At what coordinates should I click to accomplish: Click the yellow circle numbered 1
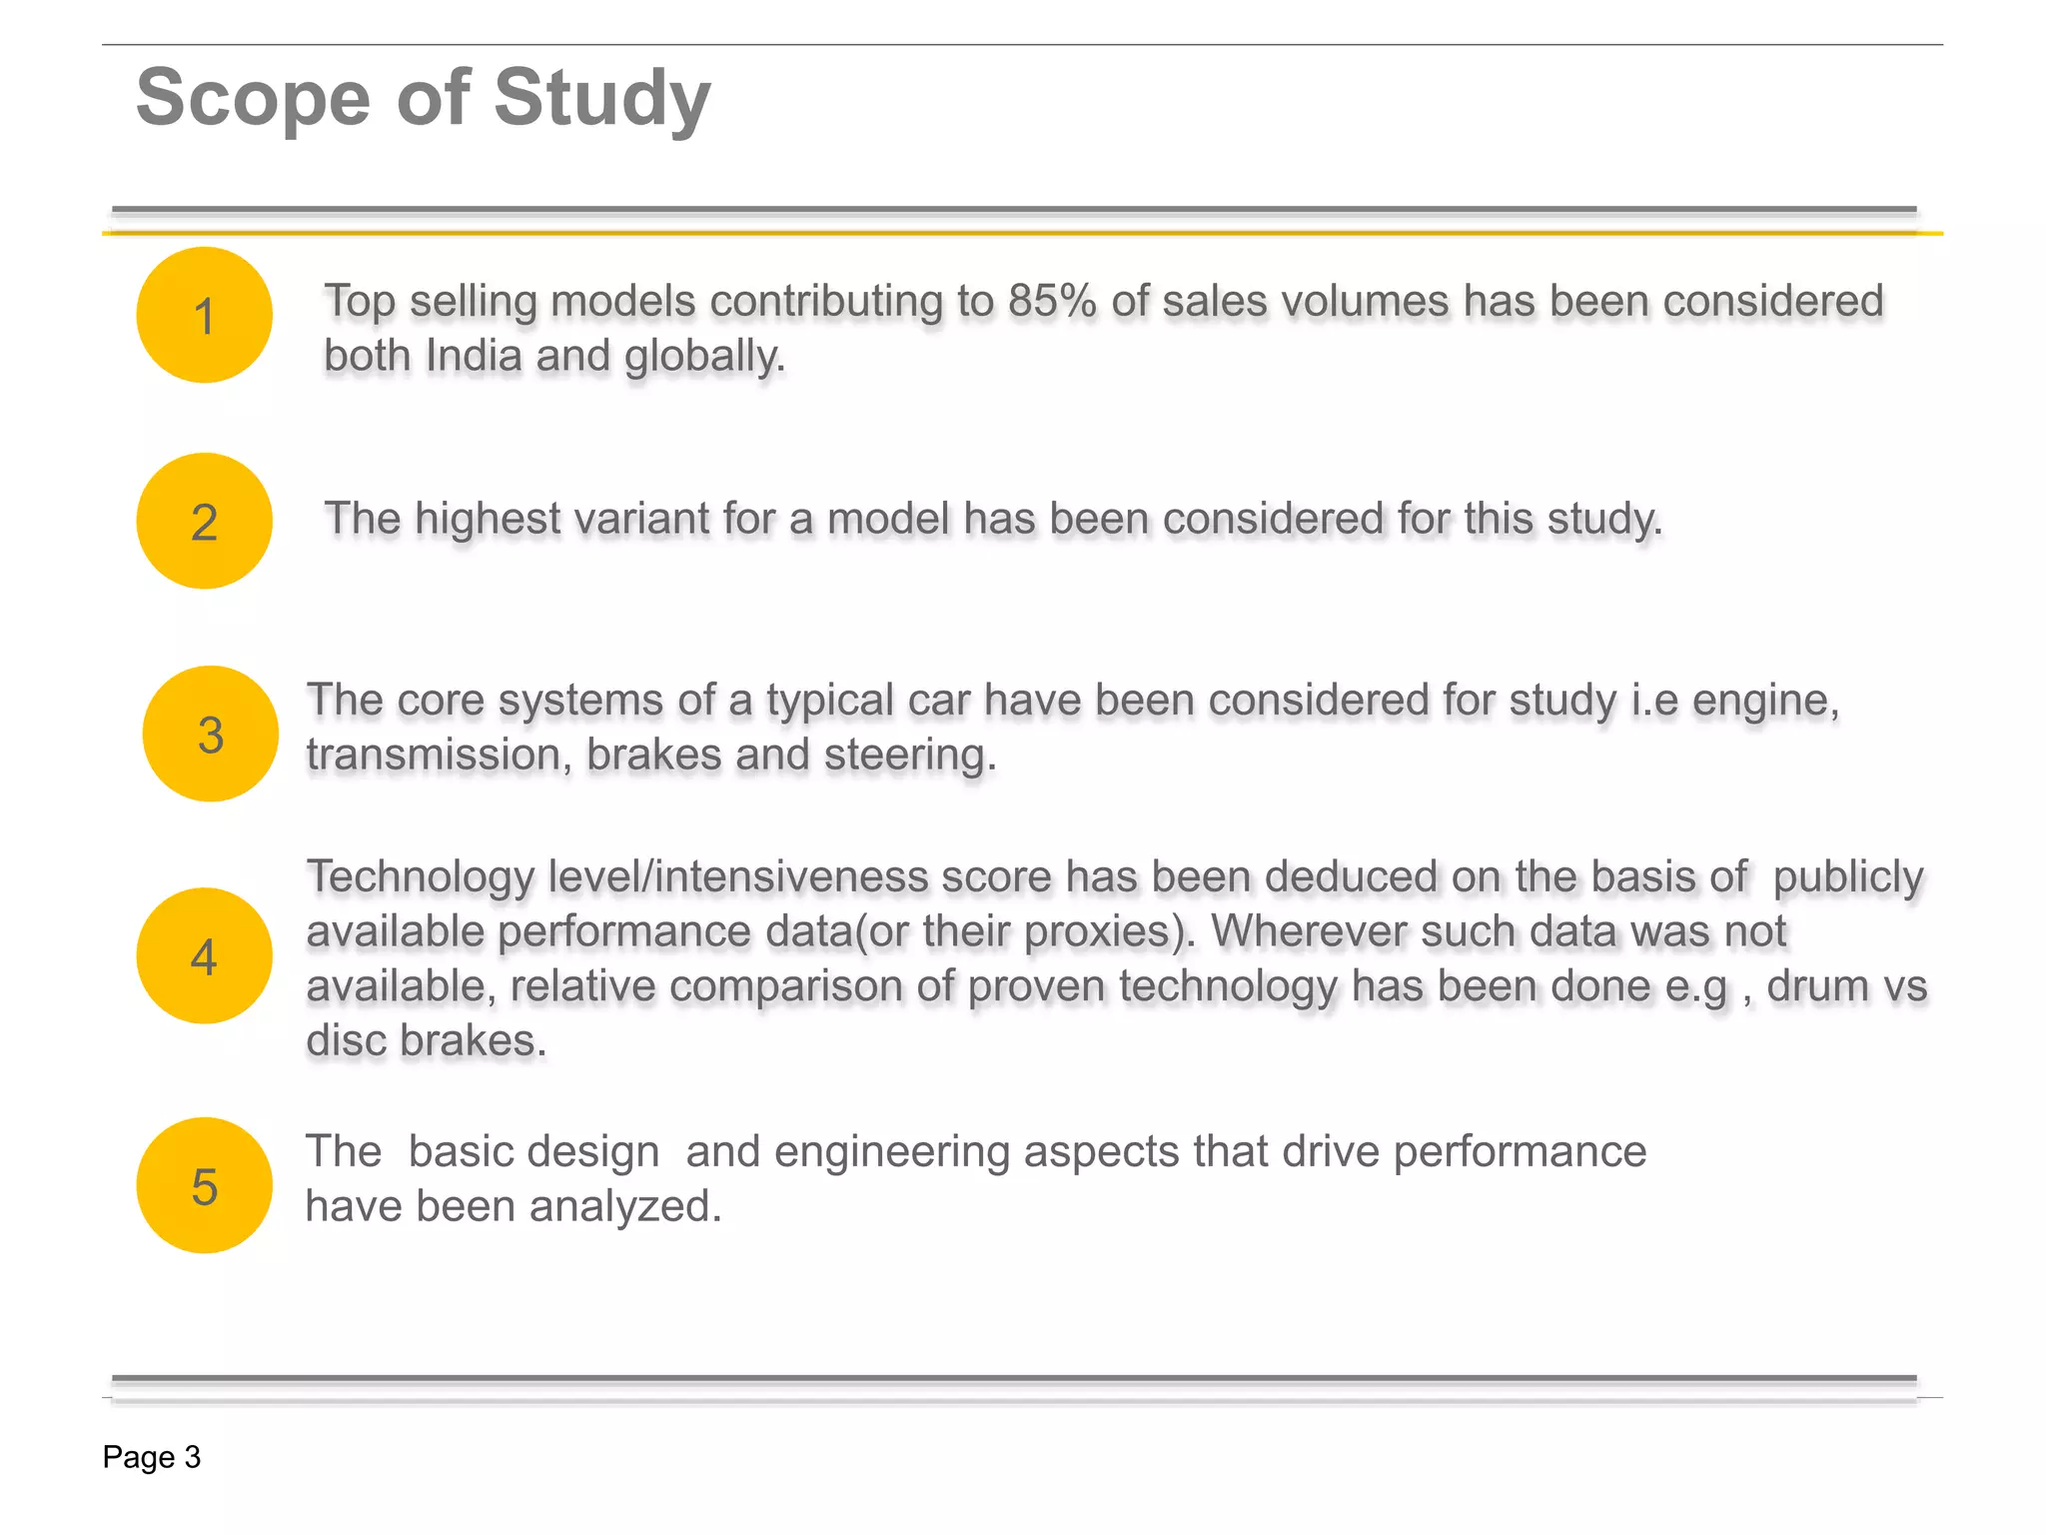[204, 315]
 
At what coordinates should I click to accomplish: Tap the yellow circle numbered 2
[204, 521]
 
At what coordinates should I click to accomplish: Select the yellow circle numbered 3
[210, 734]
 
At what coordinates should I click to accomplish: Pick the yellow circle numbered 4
[204, 955]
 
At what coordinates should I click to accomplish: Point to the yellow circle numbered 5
[204, 1185]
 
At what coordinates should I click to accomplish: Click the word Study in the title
[601, 99]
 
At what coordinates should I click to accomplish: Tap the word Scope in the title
[253, 99]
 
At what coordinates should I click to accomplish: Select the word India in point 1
[473, 356]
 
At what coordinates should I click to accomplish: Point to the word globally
[705, 357]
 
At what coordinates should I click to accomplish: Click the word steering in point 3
[909, 756]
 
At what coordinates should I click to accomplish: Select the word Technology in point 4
[421, 877]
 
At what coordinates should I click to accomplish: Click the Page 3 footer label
[152, 1457]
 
